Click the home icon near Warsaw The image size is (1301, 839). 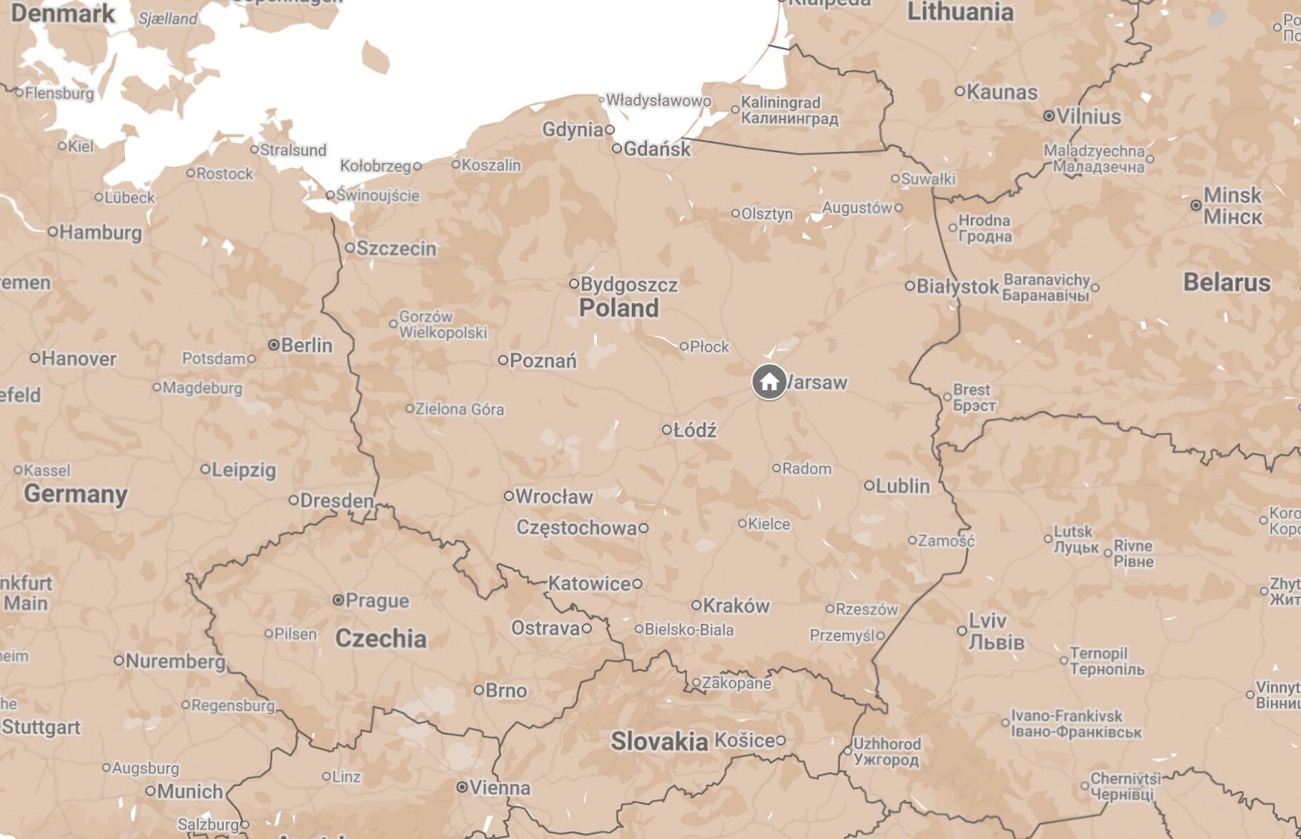click(769, 382)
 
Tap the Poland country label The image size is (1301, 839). click(618, 308)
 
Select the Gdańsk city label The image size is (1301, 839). click(657, 149)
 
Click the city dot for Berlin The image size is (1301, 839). click(273, 345)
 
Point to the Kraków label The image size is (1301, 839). click(736, 606)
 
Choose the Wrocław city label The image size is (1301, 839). click(554, 497)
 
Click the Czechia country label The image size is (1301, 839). click(380, 638)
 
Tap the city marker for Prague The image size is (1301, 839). click(338, 600)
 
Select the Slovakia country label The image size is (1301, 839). click(658, 742)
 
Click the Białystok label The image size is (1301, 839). click(957, 287)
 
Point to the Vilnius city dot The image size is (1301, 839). click(1049, 116)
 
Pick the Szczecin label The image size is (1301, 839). click(396, 249)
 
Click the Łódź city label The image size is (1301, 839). click(695, 430)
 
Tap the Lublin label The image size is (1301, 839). click(903, 486)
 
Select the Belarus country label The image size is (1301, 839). click(1227, 282)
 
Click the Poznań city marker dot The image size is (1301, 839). click(503, 360)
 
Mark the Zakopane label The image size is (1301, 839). click(736, 683)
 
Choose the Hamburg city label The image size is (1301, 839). click(100, 232)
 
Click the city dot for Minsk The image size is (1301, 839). click(1196, 205)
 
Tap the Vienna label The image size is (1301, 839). click(500, 788)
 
